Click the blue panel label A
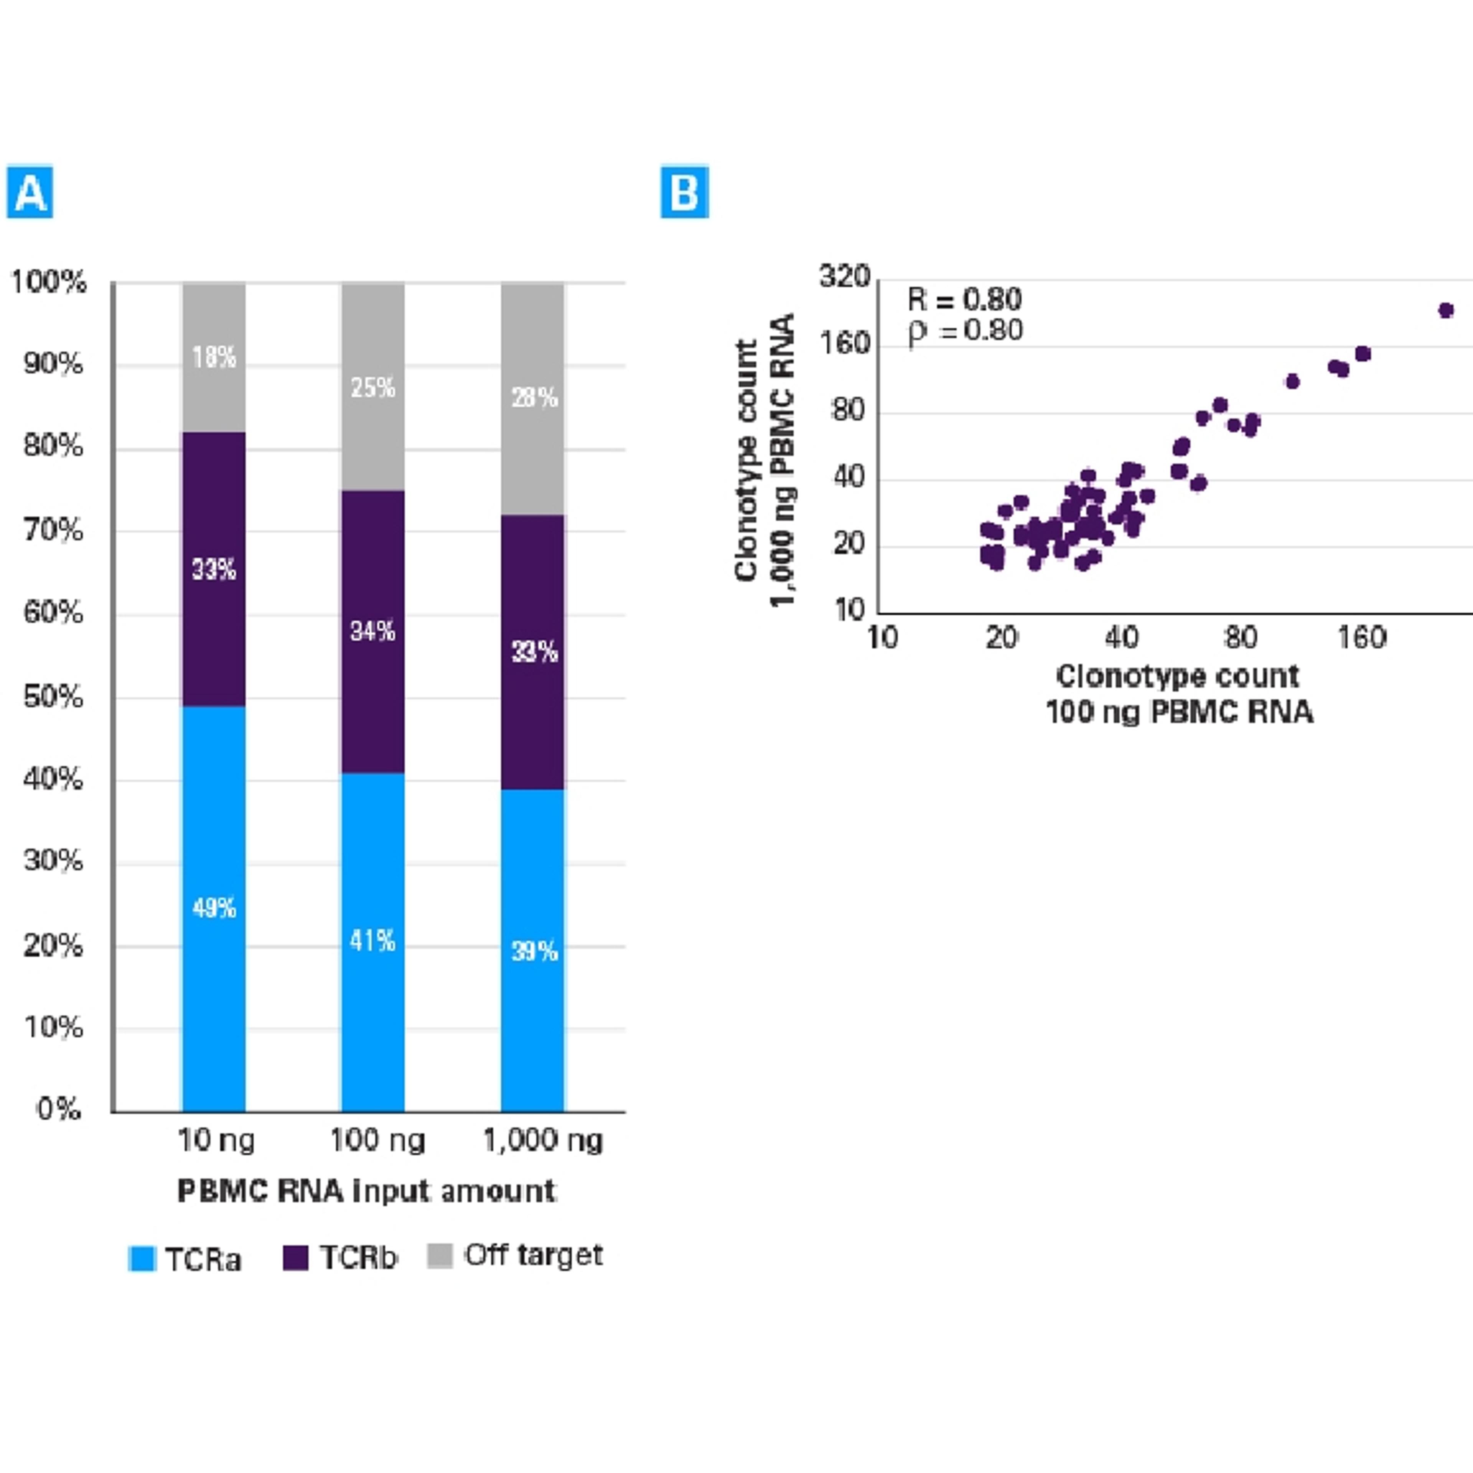(30, 191)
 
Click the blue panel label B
(684, 191)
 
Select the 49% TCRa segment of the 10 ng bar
(214, 907)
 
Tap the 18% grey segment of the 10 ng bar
(214, 357)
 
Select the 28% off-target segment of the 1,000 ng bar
(533, 397)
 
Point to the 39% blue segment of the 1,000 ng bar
(533, 950)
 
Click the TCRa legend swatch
(142, 1259)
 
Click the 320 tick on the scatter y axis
(844, 276)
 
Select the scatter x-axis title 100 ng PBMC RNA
(1179, 712)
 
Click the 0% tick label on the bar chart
(59, 1109)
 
